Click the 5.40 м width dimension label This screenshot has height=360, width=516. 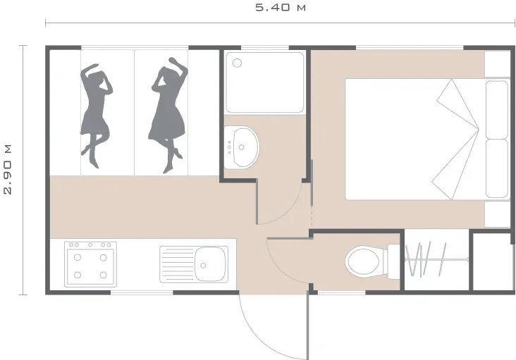(x=281, y=7)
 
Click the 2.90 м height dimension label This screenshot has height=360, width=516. (x=8, y=169)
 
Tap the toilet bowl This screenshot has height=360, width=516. (x=364, y=262)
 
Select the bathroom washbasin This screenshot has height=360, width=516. (x=242, y=147)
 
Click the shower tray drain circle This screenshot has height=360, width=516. (x=237, y=63)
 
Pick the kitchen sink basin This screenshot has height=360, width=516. (x=211, y=264)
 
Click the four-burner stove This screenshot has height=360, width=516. (x=90, y=264)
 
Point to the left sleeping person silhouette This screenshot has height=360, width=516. (x=96, y=116)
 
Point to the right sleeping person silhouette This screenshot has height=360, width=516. (x=168, y=115)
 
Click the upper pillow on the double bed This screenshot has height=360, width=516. (x=496, y=109)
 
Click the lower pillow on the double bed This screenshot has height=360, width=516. (x=496, y=168)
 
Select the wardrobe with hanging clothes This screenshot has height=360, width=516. (x=436, y=261)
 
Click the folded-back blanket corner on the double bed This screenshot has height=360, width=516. (x=456, y=139)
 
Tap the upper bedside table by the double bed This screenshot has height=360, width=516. (x=497, y=64)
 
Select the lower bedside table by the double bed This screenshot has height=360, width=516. (x=497, y=214)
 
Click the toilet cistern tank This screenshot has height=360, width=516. (x=393, y=261)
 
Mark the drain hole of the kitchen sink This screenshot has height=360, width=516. (x=203, y=266)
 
